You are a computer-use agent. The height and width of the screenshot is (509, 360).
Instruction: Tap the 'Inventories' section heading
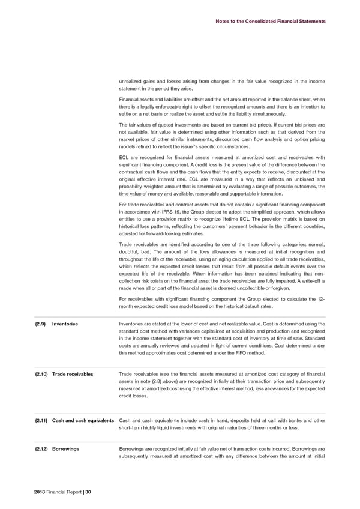tap(65, 325)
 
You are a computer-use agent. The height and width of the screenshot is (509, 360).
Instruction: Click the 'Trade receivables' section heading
tap(73, 375)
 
